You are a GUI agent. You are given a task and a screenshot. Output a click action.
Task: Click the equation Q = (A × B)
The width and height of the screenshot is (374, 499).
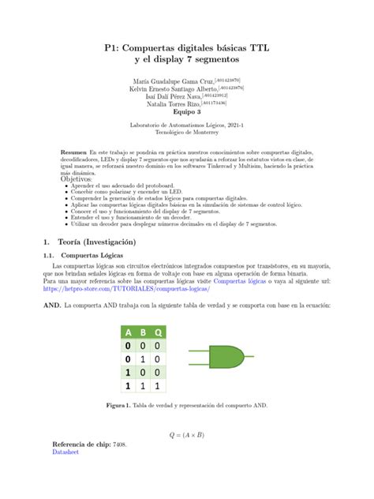(186, 434)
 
